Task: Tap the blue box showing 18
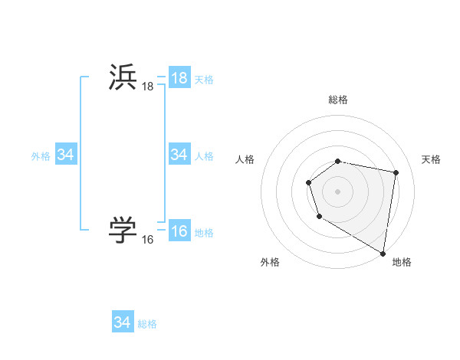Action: (179, 78)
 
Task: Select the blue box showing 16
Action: (179, 231)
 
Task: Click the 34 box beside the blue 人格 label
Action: (179, 155)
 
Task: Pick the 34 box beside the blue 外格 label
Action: (65, 155)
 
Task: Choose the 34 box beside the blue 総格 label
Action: (122, 322)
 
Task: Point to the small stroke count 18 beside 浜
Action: (147, 88)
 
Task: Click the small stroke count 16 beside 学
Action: (147, 240)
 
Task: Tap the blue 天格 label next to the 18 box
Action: (204, 80)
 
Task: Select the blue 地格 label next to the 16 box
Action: (204, 233)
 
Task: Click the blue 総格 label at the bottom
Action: (147, 324)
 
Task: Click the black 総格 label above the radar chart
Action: (338, 100)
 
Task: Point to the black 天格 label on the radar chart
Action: (431, 159)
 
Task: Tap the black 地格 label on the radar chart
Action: (402, 262)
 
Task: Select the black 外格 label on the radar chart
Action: (270, 262)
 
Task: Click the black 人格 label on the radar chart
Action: (245, 159)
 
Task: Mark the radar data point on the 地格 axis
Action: (383, 253)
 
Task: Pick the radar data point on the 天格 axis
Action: (396, 173)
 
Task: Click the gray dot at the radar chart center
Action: (338, 191)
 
